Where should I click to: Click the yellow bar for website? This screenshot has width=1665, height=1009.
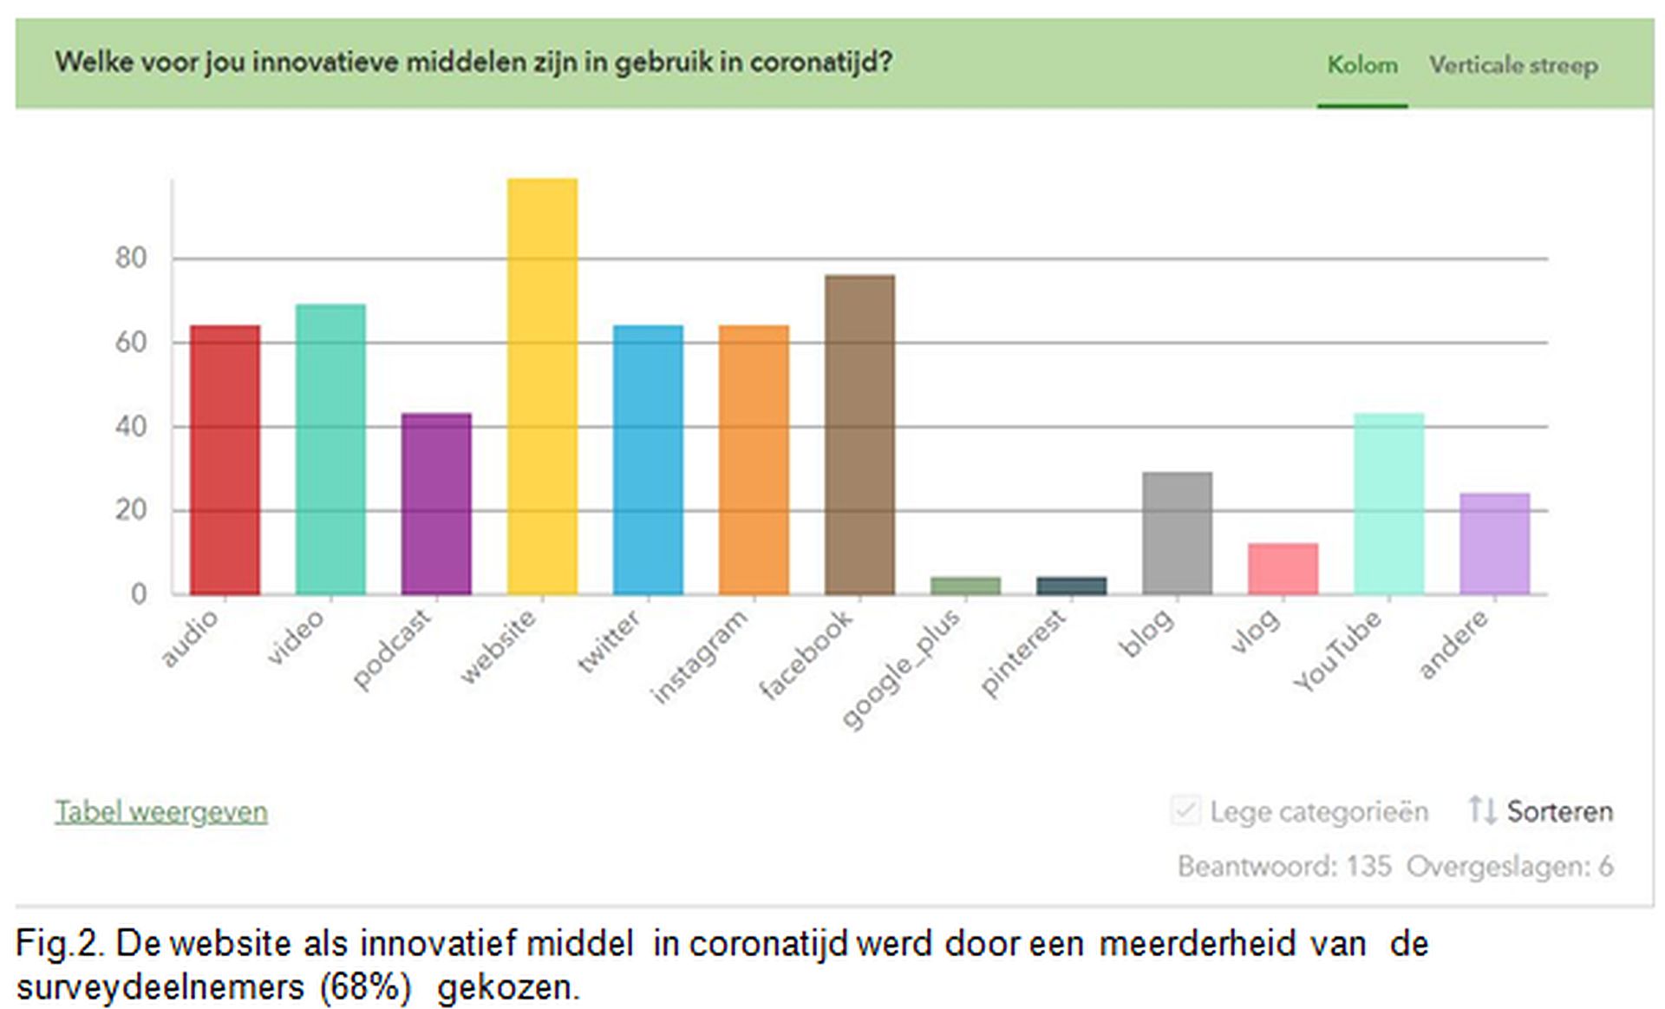[x=542, y=386]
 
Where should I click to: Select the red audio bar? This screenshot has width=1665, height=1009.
[x=225, y=460]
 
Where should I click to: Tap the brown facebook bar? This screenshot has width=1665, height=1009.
[x=859, y=434]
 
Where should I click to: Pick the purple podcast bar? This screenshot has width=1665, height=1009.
[x=436, y=503]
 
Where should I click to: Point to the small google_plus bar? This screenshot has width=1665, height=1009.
[x=965, y=586]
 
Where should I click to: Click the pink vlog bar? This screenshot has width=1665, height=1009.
[x=1283, y=568]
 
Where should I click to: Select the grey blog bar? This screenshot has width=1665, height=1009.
[x=1177, y=533]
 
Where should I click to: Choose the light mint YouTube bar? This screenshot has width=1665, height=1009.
[x=1388, y=503]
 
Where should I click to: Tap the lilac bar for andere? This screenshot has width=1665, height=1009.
[x=1494, y=543]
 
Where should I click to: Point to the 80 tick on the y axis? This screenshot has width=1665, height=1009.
[x=131, y=258]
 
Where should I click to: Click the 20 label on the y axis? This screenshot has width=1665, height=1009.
[x=131, y=510]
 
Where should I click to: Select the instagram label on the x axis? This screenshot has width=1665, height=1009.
[x=700, y=656]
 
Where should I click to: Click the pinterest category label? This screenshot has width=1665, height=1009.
[x=1023, y=652]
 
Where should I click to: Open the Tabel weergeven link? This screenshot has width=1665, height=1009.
[x=161, y=812]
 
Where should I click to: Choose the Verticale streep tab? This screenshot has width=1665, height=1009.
[x=1513, y=65]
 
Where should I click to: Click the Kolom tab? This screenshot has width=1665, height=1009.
[x=1362, y=65]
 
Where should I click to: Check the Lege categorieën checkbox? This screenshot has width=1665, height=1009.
[x=1185, y=811]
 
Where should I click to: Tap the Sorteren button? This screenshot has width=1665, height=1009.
[x=1541, y=811]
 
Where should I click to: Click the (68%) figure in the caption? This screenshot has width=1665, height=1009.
[x=365, y=987]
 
